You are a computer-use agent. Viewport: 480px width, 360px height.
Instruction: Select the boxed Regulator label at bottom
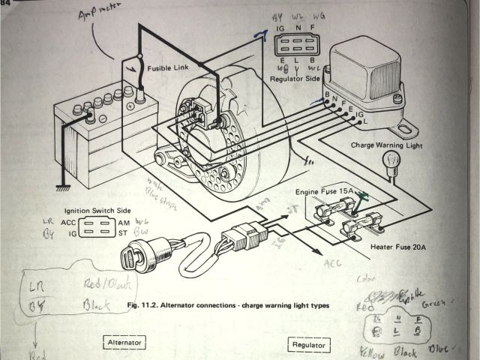point(310,345)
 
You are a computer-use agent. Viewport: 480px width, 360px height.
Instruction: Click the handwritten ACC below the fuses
point(331,264)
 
